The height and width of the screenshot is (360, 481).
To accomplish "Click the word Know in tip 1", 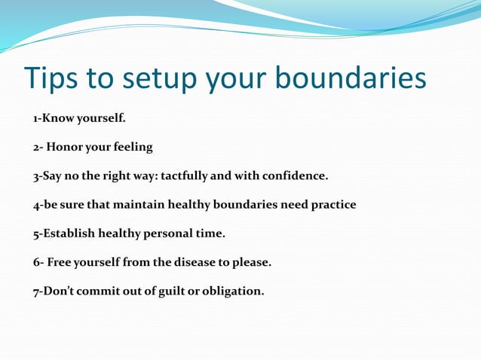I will tap(58, 118).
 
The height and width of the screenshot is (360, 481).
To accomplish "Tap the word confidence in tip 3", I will tap(296, 176).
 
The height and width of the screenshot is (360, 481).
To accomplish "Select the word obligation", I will tap(234, 291).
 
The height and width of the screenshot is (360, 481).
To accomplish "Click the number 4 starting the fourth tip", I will tap(35, 205).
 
